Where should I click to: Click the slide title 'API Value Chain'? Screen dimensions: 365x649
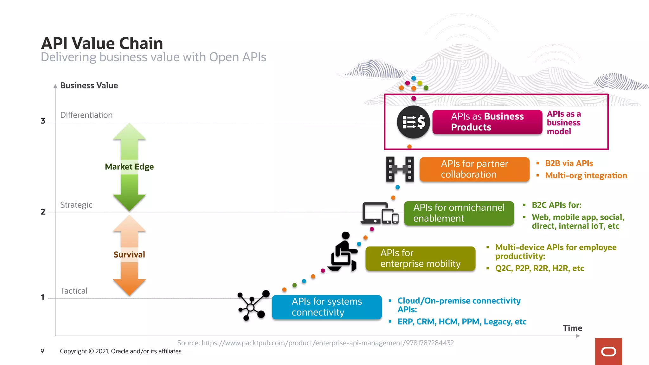[102, 43]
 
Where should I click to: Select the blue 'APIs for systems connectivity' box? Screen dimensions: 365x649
[327, 307]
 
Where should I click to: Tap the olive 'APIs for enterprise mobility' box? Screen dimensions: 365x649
[420, 259]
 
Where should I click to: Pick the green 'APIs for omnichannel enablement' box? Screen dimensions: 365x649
[459, 213]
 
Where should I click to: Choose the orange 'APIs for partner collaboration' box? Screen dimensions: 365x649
[474, 169]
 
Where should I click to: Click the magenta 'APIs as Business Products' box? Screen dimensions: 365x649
[487, 122]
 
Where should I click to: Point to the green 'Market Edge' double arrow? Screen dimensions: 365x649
[129, 167]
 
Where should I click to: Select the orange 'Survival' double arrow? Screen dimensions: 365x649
[129, 255]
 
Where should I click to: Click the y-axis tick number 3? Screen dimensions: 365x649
[43, 121]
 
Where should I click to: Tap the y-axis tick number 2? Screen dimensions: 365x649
[43, 212]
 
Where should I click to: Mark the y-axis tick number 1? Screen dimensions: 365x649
[43, 298]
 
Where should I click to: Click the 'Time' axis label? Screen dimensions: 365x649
[572, 328]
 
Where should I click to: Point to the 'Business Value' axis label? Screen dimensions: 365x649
[89, 86]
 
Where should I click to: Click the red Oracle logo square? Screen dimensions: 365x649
[608, 351]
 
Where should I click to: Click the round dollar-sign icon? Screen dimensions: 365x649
[413, 122]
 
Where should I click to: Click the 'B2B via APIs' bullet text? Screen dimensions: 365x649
[569, 163]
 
